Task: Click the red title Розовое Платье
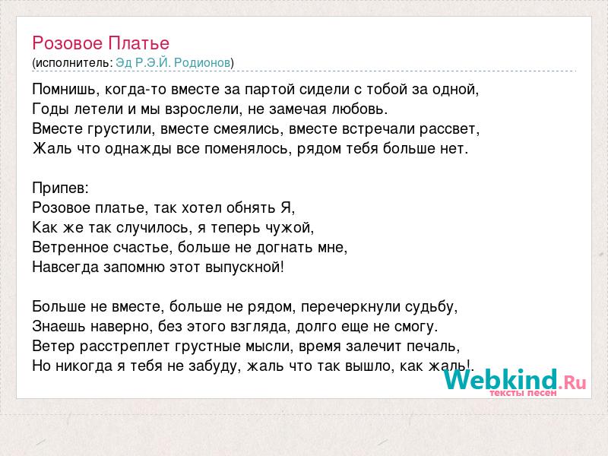click(101, 43)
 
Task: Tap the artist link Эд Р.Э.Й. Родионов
click(173, 62)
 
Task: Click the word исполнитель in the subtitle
click(72, 63)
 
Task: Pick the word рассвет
click(449, 128)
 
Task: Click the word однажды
click(138, 148)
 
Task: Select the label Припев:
click(61, 188)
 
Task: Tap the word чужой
click(290, 227)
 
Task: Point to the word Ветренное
click(70, 248)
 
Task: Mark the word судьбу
click(431, 307)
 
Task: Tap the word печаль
click(433, 346)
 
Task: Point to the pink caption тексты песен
click(523, 393)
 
